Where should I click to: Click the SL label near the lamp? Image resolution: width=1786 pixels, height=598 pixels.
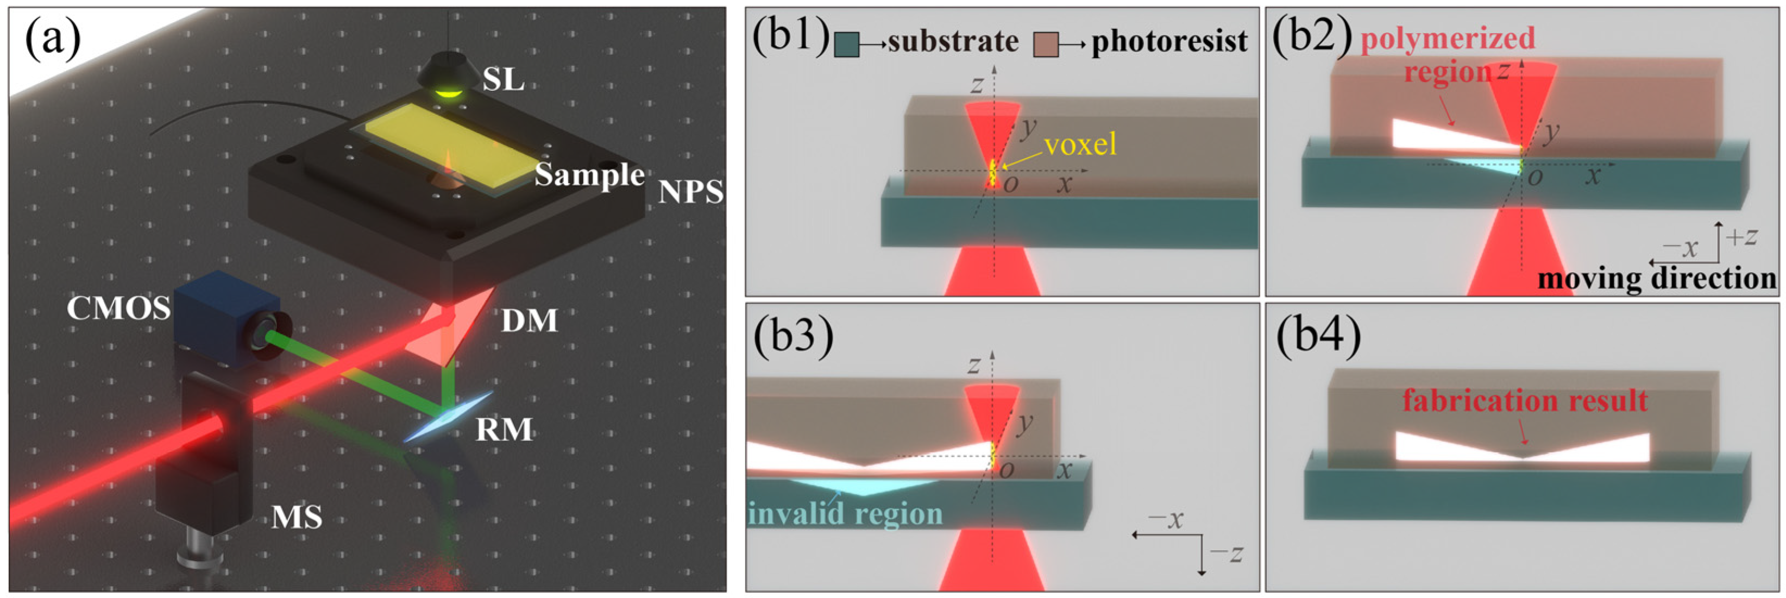504,80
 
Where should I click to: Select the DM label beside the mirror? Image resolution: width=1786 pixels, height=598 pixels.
530,321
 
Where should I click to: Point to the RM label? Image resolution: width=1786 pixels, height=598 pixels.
504,430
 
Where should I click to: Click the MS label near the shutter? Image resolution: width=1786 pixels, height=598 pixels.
297,518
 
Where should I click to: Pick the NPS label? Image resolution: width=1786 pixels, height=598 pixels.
690,192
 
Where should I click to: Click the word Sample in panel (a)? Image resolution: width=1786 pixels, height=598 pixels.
589,174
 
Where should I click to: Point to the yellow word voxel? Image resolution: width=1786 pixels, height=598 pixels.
1080,145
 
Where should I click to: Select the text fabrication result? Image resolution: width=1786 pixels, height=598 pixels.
1525,400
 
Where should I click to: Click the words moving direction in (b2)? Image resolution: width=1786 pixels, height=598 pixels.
1657,279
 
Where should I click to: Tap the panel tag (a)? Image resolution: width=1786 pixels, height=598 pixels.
53,39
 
